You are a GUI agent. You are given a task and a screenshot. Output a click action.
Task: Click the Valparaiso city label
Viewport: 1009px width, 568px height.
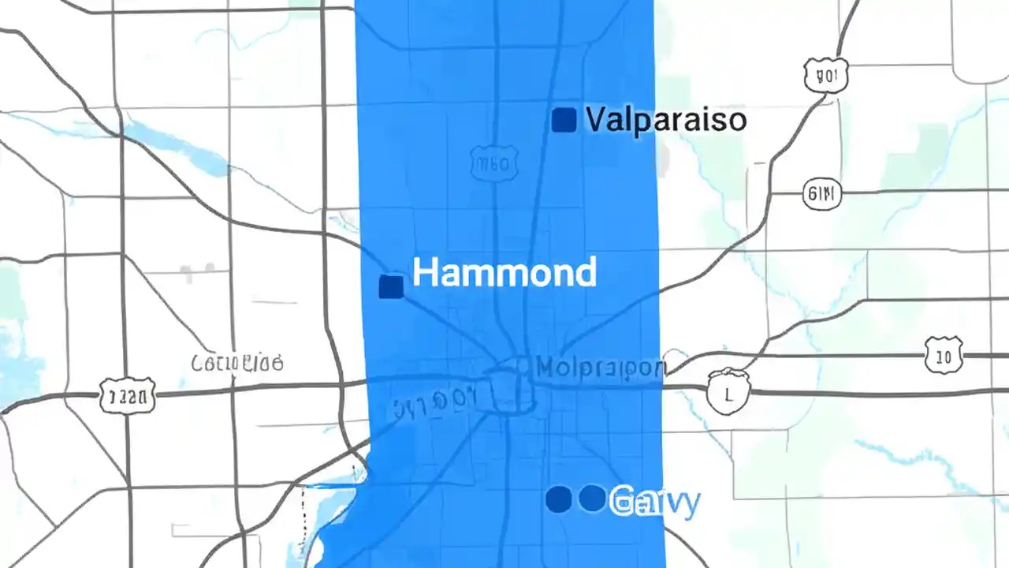666,120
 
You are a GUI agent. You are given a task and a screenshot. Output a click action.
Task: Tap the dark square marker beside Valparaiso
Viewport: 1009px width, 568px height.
564,120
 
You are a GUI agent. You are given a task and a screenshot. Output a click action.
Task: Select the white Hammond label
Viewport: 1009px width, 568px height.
504,273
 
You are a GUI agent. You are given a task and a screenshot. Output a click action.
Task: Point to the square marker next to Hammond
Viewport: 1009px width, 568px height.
391,286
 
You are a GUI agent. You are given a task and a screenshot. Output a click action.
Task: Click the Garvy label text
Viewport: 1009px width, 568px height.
654,501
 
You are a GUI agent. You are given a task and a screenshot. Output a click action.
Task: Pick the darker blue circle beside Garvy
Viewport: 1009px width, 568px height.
558,499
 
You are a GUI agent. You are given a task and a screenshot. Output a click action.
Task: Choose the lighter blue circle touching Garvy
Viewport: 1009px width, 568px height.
592,498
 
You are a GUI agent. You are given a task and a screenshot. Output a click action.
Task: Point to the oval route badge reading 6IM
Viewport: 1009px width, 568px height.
822,192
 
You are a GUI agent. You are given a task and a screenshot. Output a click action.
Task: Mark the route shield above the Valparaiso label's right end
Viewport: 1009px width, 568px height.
826,76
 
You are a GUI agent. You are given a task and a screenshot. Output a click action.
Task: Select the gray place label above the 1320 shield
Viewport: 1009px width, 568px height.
237,364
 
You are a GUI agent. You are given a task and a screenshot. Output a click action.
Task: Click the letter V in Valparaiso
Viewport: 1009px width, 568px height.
597,120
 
